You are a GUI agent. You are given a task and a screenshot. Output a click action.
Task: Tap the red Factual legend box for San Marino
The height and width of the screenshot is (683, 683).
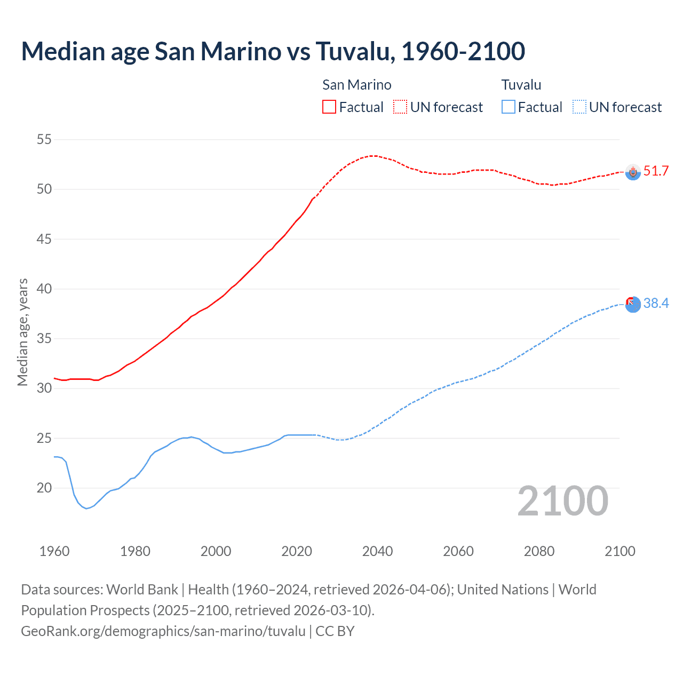[x=329, y=107]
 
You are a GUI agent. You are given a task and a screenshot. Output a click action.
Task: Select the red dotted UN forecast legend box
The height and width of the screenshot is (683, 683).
[x=400, y=107]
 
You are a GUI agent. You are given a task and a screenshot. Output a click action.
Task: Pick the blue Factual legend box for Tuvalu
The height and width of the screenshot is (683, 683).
[x=508, y=107]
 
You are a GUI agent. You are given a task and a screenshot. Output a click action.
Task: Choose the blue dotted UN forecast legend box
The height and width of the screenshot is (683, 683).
[x=579, y=107]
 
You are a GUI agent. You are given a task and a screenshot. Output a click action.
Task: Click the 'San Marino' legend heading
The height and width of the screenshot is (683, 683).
[x=356, y=85]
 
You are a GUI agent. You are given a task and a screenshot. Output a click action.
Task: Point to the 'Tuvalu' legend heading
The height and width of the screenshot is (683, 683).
[x=521, y=85]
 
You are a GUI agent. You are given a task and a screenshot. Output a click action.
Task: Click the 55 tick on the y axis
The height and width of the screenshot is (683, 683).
[x=44, y=140]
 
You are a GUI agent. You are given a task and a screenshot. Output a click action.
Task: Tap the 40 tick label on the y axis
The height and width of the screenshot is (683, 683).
[x=44, y=289]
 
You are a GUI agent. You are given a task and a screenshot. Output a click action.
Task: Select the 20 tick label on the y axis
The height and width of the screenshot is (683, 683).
[x=44, y=488]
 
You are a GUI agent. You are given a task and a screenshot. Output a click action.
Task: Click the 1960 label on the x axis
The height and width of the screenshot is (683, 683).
[x=54, y=551]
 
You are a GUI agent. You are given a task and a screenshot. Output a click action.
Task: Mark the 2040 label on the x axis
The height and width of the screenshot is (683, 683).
[x=377, y=551]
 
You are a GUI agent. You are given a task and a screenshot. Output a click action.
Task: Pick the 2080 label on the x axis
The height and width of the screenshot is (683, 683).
[x=539, y=551]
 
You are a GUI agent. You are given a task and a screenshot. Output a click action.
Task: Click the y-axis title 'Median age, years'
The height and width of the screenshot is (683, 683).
[x=22, y=332]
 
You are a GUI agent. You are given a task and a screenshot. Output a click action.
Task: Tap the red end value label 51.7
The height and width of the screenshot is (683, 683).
[x=656, y=171]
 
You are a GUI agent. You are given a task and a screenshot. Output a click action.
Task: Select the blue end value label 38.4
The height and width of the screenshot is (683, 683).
[x=656, y=304]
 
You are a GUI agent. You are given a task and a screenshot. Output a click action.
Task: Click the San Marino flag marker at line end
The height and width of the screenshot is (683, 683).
[x=633, y=172]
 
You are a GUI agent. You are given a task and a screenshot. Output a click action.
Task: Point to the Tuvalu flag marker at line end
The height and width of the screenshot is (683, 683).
[x=633, y=304]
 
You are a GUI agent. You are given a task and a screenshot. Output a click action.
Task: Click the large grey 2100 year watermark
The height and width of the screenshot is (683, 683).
[x=563, y=501]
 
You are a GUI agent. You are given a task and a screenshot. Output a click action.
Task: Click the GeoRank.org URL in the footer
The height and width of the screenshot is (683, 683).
[x=163, y=631]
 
